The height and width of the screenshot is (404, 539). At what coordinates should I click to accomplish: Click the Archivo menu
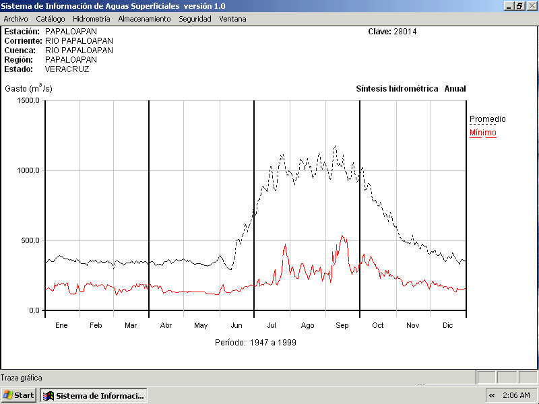coord(15,19)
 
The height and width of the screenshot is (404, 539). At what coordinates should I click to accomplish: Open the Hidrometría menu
coord(91,19)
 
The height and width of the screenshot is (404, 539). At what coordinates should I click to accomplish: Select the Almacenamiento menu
coord(144,19)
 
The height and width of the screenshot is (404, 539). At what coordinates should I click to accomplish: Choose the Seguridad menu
coord(195,19)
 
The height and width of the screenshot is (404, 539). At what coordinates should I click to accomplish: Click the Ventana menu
coord(232,19)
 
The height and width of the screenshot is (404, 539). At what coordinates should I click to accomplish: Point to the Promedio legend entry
coord(487,119)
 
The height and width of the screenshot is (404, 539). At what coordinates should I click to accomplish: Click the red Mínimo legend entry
coord(482,133)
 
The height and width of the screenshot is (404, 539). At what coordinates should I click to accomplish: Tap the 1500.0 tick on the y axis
coord(29,100)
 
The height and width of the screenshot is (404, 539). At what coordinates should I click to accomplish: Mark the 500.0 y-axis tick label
coord(30,240)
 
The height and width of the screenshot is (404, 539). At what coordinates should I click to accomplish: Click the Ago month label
coord(307,325)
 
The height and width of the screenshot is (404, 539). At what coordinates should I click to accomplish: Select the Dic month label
coord(447,325)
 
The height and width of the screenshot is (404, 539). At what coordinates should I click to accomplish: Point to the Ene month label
coord(61,325)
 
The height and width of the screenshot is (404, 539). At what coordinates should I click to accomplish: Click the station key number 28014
coord(406,31)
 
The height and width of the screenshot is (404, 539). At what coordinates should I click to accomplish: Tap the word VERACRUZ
coord(67,69)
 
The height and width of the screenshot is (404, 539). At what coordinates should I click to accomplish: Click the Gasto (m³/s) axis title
coord(28,88)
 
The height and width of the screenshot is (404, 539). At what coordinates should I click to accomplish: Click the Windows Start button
coord(19,395)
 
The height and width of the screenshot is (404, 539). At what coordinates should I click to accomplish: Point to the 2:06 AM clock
coord(516,395)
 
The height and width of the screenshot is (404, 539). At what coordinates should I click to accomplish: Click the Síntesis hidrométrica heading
coord(397,88)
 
